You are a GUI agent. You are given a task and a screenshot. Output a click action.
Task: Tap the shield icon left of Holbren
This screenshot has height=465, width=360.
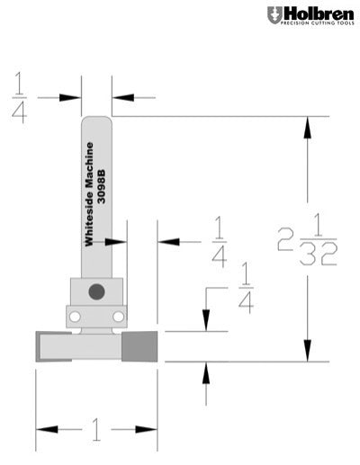coord(274,15)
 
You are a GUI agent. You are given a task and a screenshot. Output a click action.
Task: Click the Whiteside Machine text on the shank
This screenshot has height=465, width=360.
coord(89,193)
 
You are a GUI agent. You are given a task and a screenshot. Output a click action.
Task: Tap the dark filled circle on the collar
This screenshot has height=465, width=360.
coord(95,290)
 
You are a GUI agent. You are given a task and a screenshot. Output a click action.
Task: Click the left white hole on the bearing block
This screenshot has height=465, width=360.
coord(76,317)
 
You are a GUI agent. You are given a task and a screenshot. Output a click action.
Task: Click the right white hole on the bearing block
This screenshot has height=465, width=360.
coord(117,317)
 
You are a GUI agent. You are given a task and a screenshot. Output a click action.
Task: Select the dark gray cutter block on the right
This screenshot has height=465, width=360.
coord(140,345)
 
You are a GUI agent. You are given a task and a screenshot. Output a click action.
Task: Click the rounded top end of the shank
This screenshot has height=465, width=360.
coord(96,119)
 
